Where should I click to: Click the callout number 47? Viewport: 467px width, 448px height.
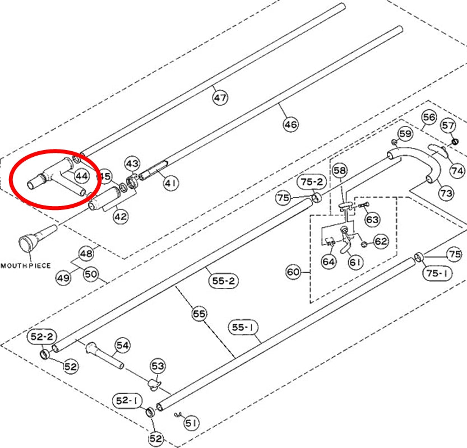(220, 97)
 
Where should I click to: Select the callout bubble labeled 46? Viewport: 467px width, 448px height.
(290, 124)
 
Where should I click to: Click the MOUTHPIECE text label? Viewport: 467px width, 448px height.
(26, 265)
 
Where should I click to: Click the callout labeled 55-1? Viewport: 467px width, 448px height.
(243, 328)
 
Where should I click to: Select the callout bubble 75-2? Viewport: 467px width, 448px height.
(312, 181)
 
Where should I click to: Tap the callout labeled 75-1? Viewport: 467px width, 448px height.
(437, 273)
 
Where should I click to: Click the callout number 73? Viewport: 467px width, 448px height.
(446, 193)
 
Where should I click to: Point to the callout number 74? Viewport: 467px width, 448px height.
(457, 171)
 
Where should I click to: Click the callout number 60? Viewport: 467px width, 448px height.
(293, 272)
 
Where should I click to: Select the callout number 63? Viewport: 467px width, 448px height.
(372, 220)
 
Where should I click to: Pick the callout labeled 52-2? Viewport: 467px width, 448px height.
(42, 337)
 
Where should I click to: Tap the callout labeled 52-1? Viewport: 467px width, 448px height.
(127, 400)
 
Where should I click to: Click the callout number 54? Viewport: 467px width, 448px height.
(122, 346)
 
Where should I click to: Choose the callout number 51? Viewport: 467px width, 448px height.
(191, 422)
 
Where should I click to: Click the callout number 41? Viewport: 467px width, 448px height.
(171, 183)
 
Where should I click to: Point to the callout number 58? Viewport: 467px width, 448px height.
(340, 170)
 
